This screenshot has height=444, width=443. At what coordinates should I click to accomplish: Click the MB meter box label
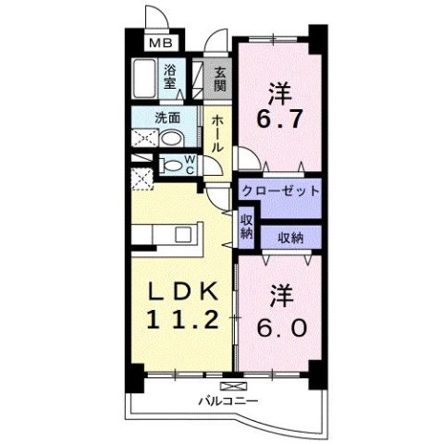click(160, 43)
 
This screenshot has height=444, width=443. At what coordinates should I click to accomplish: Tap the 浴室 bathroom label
click(171, 76)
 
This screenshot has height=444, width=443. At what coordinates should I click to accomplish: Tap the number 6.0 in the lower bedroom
click(278, 326)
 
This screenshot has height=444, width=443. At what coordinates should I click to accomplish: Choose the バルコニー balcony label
click(227, 401)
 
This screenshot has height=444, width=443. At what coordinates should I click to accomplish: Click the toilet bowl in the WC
click(171, 166)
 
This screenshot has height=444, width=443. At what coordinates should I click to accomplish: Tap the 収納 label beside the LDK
click(246, 227)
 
